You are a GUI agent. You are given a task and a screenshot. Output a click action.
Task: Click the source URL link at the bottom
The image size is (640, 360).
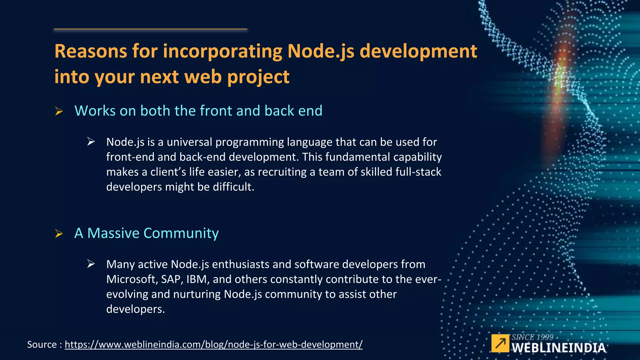click(x=213, y=344)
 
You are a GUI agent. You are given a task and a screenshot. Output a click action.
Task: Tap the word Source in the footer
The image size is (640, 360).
click(x=42, y=344)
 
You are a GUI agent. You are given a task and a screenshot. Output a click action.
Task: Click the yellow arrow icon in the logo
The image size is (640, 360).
click(x=500, y=343)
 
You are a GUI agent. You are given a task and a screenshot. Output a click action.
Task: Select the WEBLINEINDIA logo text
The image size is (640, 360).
click(x=558, y=348)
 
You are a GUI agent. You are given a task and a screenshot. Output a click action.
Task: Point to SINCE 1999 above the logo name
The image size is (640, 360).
click(x=532, y=337)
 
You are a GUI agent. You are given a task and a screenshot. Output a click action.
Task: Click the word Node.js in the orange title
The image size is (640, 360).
click(x=321, y=51)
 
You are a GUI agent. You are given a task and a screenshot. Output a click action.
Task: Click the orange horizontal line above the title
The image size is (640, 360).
click(x=150, y=29)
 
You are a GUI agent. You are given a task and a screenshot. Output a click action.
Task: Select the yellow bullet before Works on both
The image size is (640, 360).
click(x=59, y=111)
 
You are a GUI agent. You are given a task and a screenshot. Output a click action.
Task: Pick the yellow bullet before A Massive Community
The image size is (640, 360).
click(x=59, y=233)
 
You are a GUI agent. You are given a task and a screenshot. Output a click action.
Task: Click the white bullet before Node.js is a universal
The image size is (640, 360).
click(x=91, y=142)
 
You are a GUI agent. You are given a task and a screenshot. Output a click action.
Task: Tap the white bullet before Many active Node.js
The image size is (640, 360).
click(x=91, y=264)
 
